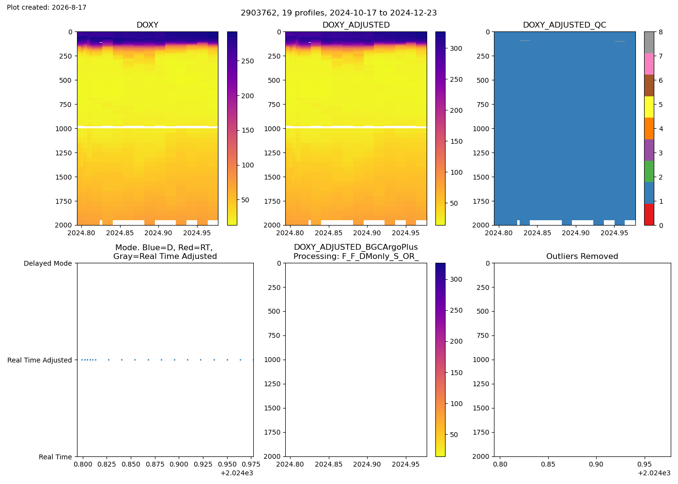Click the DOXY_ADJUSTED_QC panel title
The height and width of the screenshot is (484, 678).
coord(565,25)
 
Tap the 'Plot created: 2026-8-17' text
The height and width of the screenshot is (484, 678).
coord(46,7)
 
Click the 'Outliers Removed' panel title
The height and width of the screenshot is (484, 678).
coord(582,256)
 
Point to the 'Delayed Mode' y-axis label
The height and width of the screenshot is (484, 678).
coord(48,263)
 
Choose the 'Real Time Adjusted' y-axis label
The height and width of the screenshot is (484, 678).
coord(40,360)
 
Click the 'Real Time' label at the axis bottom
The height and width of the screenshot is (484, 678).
coord(55,457)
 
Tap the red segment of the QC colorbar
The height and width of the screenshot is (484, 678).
coord(649,214)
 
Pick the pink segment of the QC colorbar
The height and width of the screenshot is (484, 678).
coord(649,64)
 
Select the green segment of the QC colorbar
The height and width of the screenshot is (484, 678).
coord(649,171)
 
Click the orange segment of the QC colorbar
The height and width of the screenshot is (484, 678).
coord(649,128)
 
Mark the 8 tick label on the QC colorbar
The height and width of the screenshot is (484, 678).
coord(661,32)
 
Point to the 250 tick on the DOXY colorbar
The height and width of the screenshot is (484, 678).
coord(247,61)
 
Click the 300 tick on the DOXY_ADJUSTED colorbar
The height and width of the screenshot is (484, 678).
coord(456,48)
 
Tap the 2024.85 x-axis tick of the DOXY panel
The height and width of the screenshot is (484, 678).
coord(120,233)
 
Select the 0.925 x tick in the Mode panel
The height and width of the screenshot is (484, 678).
coord(203,464)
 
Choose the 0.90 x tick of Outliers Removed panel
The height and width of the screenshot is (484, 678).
coord(596,464)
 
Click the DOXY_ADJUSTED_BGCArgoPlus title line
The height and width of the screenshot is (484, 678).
coord(356,247)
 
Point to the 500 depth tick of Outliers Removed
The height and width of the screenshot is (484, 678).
coord(483,311)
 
